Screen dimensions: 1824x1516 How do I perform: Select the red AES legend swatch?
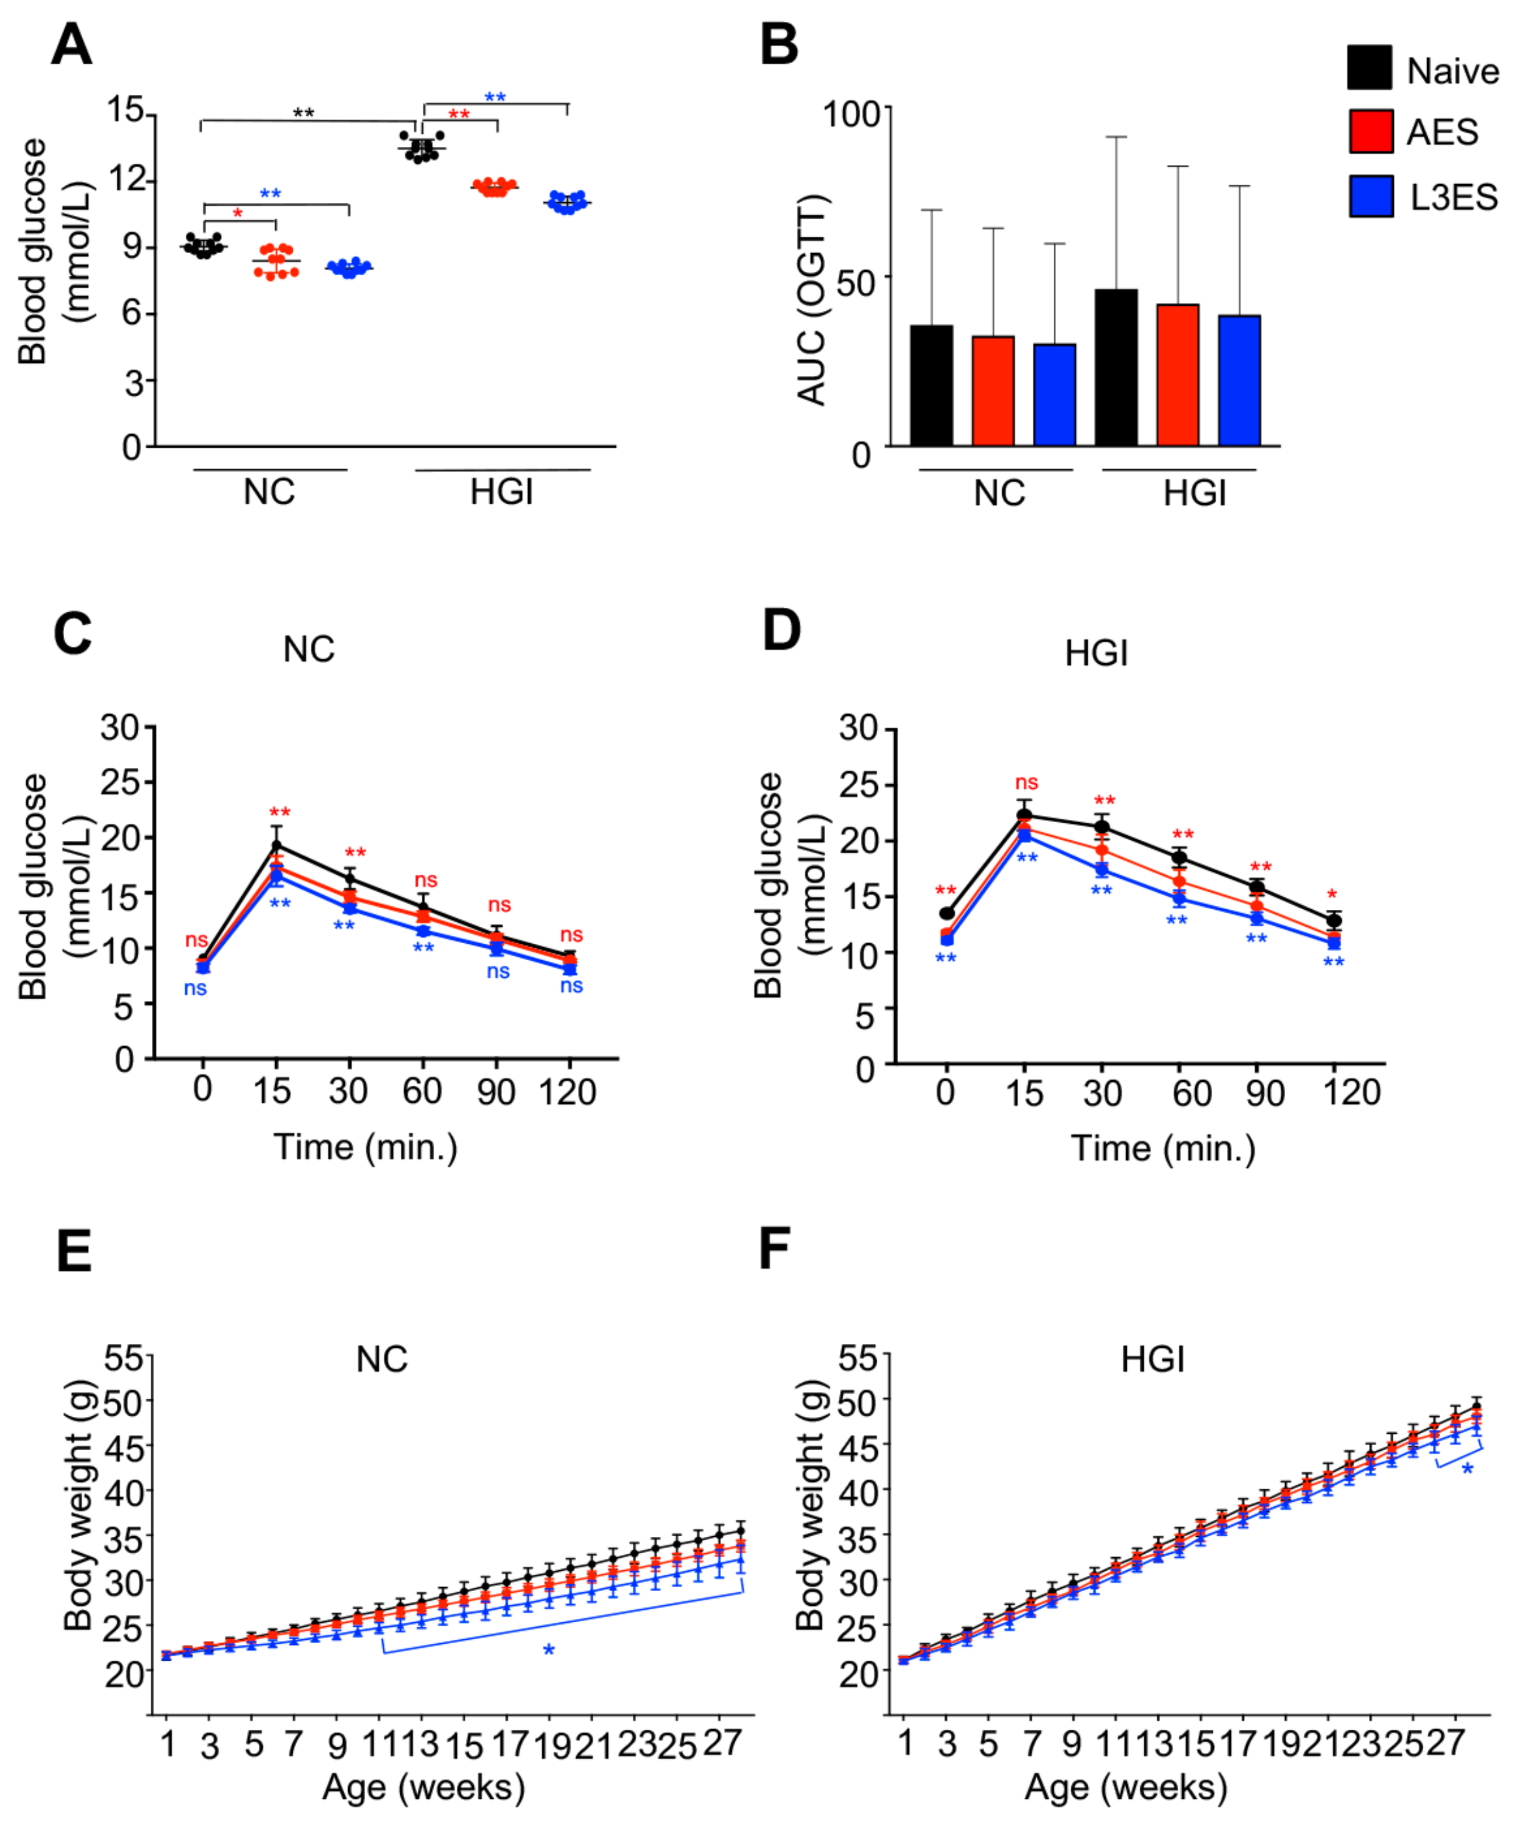pos(1371,131)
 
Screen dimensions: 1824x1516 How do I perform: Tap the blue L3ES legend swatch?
pos(1371,196)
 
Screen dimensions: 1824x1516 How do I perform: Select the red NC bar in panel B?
pos(993,391)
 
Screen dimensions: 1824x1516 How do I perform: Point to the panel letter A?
pos(71,45)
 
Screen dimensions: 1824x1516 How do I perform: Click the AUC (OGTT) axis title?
pos(813,300)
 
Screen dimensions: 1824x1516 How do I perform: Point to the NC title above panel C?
pos(309,649)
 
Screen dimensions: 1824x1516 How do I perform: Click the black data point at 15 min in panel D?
pos(1024,815)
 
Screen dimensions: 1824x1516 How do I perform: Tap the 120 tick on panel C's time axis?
pos(568,1091)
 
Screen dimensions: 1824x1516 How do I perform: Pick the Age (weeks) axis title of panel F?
pos(1126,1787)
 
